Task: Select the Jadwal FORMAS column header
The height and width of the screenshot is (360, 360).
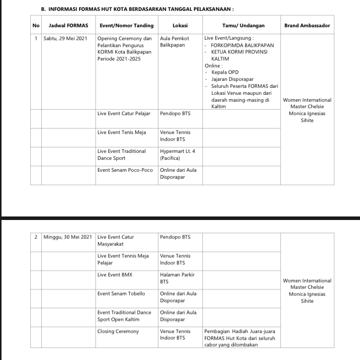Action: pyautogui.click(x=69, y=25)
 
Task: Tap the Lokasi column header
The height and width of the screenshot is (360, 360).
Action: pyautogui.click(x=180, y=25)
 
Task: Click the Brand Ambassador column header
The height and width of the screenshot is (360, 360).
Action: pyautogui.click(x=307, y=25)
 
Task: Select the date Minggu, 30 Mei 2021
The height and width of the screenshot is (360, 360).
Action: pyautogui.click(x=68, y=237)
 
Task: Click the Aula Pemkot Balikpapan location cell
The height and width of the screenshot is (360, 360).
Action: pyautogui.click(x=173, y=41)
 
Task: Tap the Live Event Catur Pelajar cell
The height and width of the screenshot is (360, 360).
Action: pyautogui.click(x=123, y=113)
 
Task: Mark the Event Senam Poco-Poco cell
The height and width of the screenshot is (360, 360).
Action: pyautogui.click(x=125, y=170)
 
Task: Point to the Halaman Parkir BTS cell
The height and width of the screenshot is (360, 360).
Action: pyautogui.click(x=177, y=278)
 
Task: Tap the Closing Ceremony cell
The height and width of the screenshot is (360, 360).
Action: pyautogui.click(x=118, y=331)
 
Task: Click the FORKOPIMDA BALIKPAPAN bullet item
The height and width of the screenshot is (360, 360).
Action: pyautogui.click(x=242, y=45)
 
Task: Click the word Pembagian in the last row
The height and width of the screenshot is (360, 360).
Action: pyautogui.click(x=217, y=331)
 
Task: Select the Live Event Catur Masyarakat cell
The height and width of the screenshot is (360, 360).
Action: pyautogui.click(x=115, y=240)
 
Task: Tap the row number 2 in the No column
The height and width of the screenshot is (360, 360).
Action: pyautogui.click(x=36, y=237)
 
